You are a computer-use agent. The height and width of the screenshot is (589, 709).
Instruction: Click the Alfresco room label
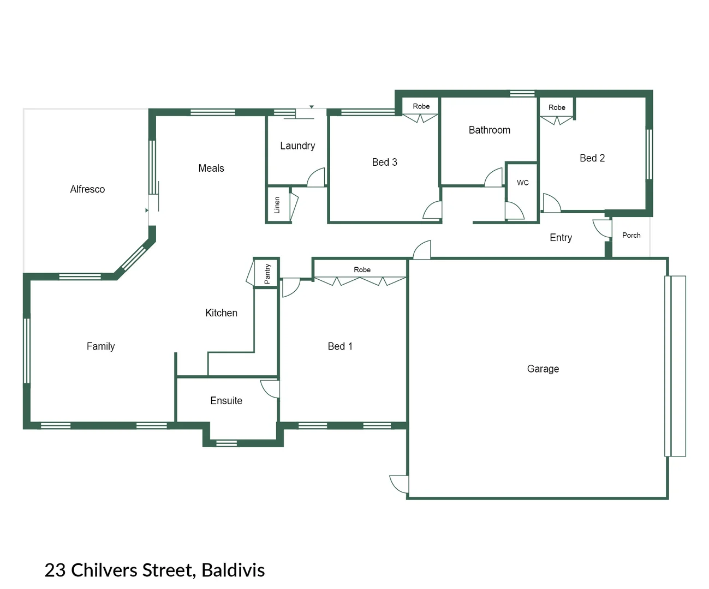pyautogui.click(x=87, y=189)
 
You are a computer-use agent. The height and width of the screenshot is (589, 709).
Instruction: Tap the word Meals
pyautogui.click(x=211, y=168)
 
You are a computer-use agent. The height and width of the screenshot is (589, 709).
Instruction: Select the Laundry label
pyautogui.click(x=297, y=146)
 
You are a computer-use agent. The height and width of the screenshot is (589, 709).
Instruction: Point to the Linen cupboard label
pyautogui.click(x=277, y=205)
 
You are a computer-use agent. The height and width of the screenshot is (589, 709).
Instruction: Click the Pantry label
pyautogui.click(x=267, y=274)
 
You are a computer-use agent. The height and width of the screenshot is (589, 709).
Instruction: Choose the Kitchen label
pyautogui.click(x=221, y=313)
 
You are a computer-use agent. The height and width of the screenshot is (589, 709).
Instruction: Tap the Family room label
pyautogui.click(x=100, y=346)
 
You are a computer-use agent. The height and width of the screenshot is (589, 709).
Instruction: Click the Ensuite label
pyautogui.click(x=226, y=401)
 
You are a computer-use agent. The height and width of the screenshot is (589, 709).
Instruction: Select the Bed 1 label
pyautogui.click(x=340, y=346)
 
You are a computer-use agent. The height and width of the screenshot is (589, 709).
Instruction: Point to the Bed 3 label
pyautogui.click(x=384, y=162)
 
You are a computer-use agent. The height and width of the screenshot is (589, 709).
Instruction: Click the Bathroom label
pyautogui.click(x=490, y=130)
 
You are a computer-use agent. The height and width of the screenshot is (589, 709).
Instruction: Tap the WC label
pyautogui.click(x=523, y=183)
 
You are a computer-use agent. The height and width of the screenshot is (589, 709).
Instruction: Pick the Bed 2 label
pyautogui.click(x=592, y=158)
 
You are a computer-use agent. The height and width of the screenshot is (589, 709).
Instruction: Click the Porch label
pyautogui.click(x=631, y=235)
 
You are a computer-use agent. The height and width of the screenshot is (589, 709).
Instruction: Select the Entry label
pyautogui.click(x=561, y=238)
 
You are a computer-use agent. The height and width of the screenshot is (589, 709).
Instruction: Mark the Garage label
pyautogui.click(x=543, y=369)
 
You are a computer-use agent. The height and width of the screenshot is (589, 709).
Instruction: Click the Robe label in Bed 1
pyautogui.click(x=362, y=269)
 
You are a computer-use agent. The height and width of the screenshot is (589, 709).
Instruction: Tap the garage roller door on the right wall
pyautogui.click(x=675, y=366)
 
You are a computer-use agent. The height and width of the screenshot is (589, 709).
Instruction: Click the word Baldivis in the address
pyautogui.click(x=233, y=570)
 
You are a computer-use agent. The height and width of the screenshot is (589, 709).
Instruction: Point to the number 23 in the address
pyautogui.click(x=55, y=570)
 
